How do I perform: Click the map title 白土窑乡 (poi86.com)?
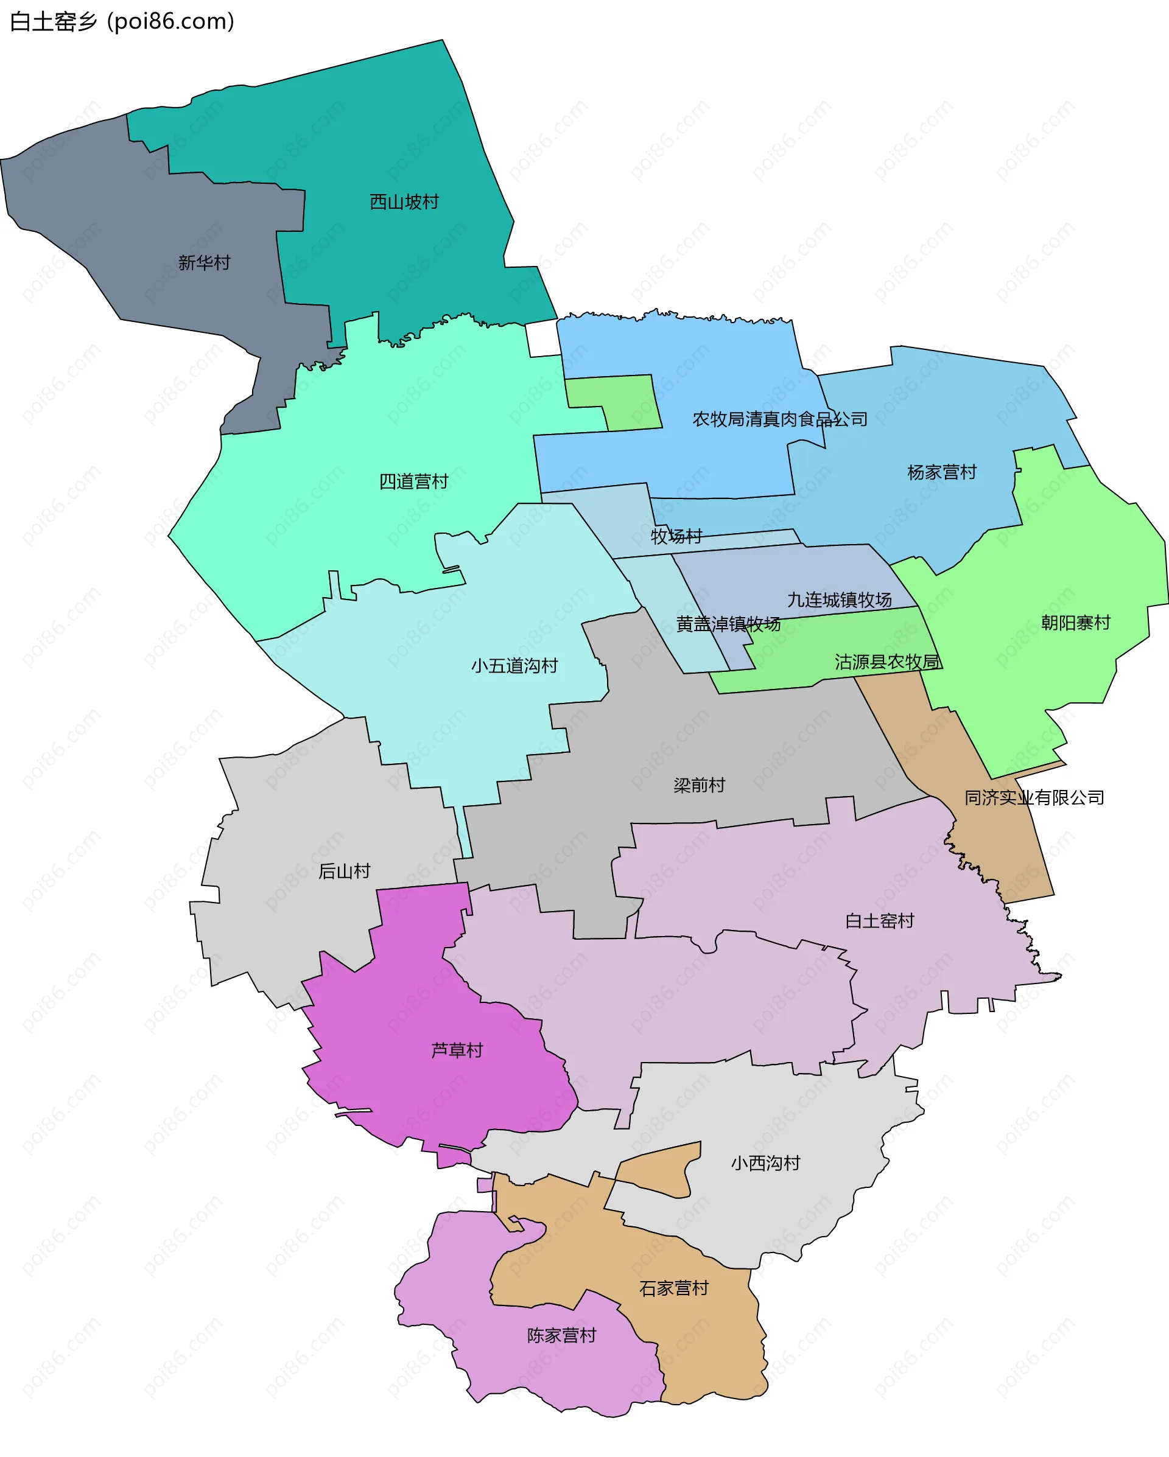point(122,22)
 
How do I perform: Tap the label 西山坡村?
point(404,201)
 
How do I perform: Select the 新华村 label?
point(204,262)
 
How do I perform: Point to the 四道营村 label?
point(414,481)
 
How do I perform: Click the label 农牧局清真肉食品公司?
point(779,419)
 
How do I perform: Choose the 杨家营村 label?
point(942,472)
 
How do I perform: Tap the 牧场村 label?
point(676,536)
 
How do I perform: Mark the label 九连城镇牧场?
point(839,599)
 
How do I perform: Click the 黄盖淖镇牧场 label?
point(728,624)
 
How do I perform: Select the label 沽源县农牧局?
point(888,662)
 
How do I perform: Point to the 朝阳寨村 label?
point(1076,623)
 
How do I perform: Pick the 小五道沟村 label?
point(514,666)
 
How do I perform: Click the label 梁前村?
point(699,784)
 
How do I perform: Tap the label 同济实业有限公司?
point(1034,797)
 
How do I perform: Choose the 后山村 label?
point(344,871)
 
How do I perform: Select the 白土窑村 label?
point(880,920)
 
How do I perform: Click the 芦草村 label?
point(457,1049)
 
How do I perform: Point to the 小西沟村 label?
point(765,1162)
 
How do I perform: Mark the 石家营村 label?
point(674,1288)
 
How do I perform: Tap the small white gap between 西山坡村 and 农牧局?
point(542,338)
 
